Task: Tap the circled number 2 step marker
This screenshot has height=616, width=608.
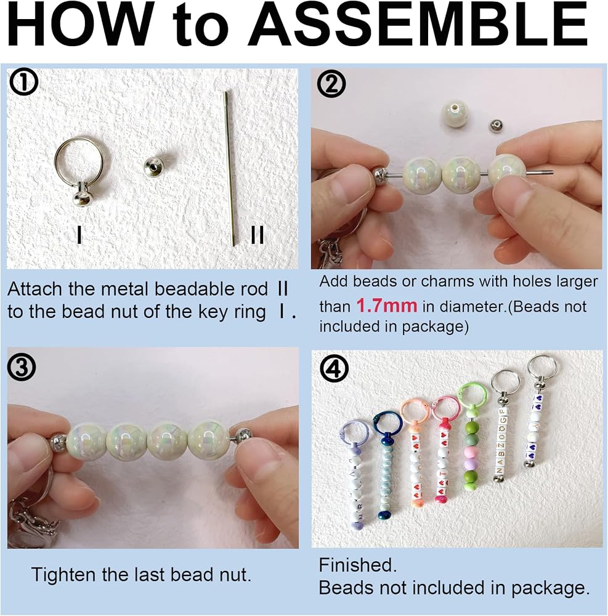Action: (331, 84)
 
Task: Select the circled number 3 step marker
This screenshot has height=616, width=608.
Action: (22, 368)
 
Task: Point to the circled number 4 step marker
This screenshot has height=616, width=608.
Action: (334, 369)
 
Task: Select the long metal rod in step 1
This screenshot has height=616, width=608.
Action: (230, 168)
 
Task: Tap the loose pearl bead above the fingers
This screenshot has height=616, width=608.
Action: (455, 113)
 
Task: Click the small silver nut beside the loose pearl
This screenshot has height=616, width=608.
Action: (497, 126)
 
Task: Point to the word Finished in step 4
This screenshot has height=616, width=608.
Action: (358, 565)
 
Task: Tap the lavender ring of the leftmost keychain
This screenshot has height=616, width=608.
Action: (353, 432)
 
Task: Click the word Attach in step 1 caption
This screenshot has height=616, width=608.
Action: (34, 289)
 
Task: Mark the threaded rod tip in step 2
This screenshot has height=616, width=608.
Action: (551, 172)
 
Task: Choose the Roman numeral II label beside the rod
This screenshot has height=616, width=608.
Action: (257, 235)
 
